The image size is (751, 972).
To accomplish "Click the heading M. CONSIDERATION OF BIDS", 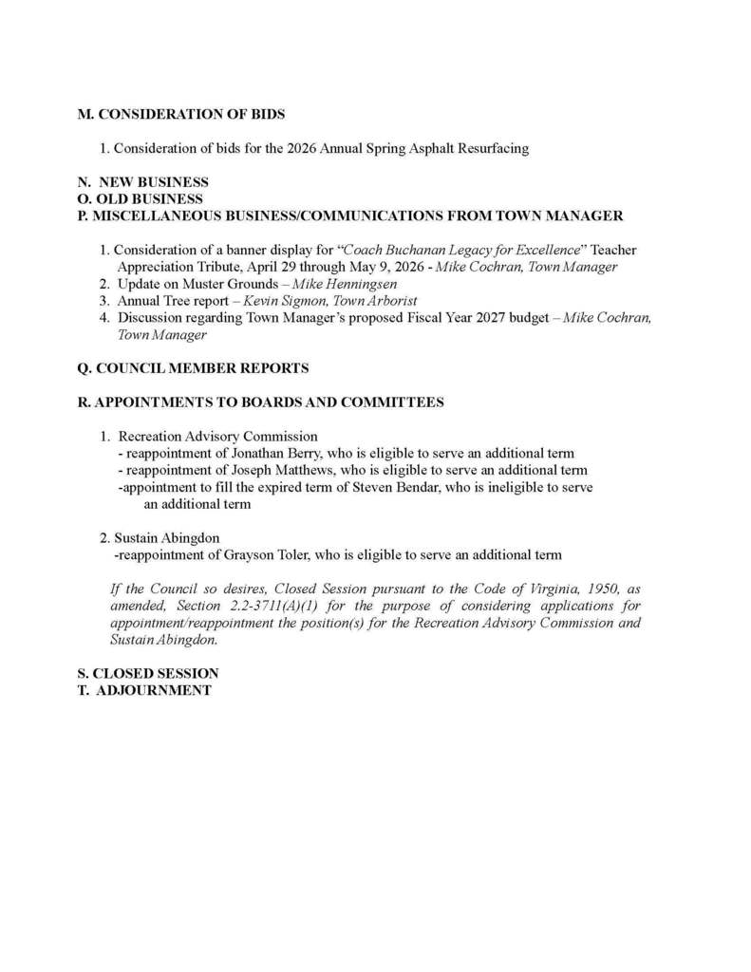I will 181,114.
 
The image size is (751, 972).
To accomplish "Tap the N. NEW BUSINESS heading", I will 142,182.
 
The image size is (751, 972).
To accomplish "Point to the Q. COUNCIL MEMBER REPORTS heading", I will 193,367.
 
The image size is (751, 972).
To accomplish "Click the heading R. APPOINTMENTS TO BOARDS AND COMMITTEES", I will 260,402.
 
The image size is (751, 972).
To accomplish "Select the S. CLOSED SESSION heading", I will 148,673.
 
